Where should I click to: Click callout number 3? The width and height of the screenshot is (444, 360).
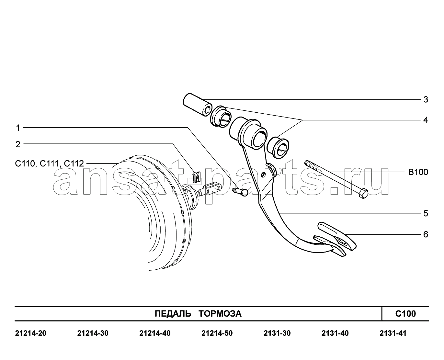pos(426,100)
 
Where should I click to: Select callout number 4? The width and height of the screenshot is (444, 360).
pos(426,120)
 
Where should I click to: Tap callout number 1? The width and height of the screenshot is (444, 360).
pos(18,128)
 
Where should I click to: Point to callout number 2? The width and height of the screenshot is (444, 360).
pos(18,144)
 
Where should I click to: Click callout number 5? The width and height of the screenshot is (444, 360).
pos(426,213)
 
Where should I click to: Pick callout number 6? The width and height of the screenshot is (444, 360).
pos(426,234)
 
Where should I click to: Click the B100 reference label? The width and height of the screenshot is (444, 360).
pos(418,172)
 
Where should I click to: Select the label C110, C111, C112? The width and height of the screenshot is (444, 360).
pos(50,163)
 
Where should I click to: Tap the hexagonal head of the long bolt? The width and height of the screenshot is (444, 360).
pos(363,193)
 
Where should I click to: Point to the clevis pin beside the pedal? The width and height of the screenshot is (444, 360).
pos(240,192)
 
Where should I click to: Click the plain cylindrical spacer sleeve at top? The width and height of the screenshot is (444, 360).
pos(198,104)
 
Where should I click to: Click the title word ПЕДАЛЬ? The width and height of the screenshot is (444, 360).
pos(173,314)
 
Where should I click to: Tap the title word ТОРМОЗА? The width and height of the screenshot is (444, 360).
pos(220,314)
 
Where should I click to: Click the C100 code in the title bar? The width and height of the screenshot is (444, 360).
pos(405,314)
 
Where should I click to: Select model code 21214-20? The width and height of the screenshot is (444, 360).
pos(31,333)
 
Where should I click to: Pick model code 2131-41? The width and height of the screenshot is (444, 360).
pos(393,333)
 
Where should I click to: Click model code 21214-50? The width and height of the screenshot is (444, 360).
pos(217,333)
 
